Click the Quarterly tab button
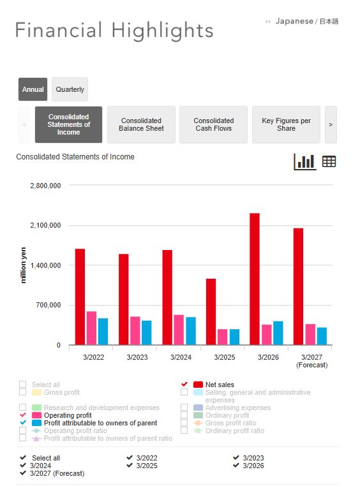pos(70,89)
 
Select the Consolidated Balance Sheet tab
pos(142,124)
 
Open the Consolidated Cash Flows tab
pos(214,124)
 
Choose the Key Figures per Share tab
pos(286,124)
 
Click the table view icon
pos(329,161)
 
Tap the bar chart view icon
pos(305,162)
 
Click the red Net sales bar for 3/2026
pos(255,279)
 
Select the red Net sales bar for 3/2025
pos(211,312)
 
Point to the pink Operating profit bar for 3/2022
pos(91,328)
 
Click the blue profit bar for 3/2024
pos(191,331)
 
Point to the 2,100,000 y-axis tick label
pos(45,225)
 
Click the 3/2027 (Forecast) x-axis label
pos(312,361)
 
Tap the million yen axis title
pos(23,265)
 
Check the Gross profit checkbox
pos(22,392)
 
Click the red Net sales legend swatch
pos(198,385)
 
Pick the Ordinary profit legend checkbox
pos(184,415)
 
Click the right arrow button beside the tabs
pos(331,124)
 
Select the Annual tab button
pos(33,89)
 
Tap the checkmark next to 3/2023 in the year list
pos(236,457)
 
